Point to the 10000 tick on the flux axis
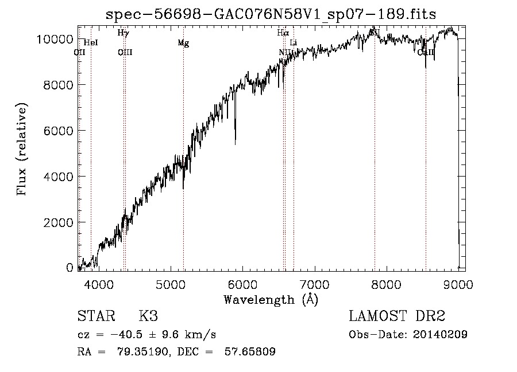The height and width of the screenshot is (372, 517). (x=58, y=39)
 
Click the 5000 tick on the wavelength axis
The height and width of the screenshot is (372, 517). (x=170, y=284)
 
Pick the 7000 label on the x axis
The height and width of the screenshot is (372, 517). (x=314, y=284)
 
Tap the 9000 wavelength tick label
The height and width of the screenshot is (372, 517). (x=458, y=284)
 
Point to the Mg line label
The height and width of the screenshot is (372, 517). (x=183, y=43)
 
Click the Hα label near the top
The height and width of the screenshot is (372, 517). (x=282, y=33)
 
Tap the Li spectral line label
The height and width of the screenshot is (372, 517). (x=294, y=43)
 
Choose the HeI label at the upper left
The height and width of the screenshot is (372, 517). (x=91, y=42)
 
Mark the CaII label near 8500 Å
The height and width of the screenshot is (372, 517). (x=426, y=52)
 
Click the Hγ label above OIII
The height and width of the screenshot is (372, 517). (x=123, y=33)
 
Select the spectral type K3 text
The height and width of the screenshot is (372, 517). (x=148, y=316)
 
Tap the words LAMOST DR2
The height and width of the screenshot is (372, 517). (x=397, y=316)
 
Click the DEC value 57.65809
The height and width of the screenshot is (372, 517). (x=252, y=352)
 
